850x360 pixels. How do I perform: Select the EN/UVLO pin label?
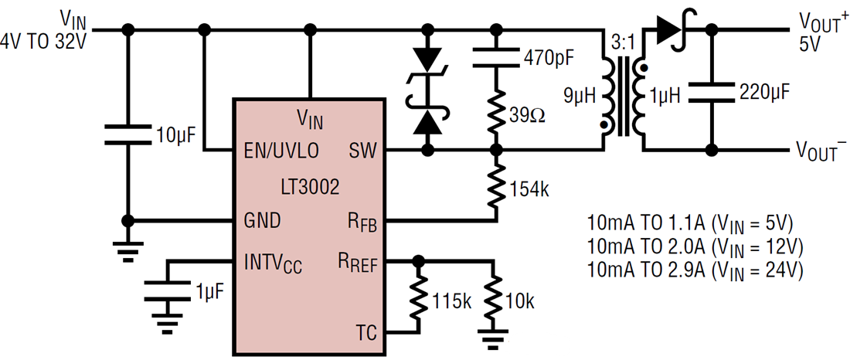[x=281, y=151]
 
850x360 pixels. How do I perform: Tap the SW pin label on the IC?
[x=362, y=151]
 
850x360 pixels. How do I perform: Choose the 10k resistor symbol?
[x=497, y=300]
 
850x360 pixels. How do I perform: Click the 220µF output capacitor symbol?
[x=712, y=93]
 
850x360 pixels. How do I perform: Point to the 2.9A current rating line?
[x=695, y=270]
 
